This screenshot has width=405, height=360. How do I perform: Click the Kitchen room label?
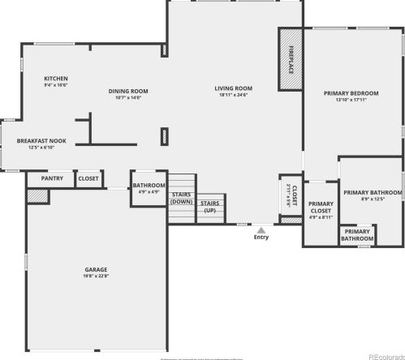point(56,78)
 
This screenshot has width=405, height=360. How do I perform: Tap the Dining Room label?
point(128,91)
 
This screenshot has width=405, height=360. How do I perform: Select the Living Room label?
point(234,88)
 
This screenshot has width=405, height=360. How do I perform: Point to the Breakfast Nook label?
point(41,141)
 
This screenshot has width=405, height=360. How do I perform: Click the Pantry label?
point(52,178)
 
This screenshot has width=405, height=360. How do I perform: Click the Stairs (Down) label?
point(182,198)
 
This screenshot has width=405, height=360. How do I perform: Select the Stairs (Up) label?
point(209,207)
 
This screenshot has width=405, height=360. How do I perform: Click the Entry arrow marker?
point(261,229)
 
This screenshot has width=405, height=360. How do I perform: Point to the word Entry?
point(261,238)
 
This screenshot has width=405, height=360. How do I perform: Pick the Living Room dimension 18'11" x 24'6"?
point(234,95)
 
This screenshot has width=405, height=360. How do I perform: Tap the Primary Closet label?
point(321,207)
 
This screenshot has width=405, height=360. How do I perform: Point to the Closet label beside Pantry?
point(88,178)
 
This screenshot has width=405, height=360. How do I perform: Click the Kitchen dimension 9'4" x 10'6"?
point(56,85)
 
